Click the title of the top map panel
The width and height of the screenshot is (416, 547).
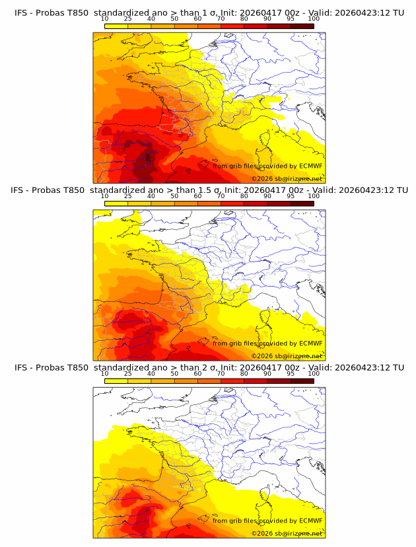[209, 12]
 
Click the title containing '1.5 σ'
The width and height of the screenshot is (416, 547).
[209, 190]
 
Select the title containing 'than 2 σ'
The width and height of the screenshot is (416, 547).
[209, 367]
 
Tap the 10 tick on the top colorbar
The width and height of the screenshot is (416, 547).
[105, 18]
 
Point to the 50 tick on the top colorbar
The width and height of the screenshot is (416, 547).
[174, 18]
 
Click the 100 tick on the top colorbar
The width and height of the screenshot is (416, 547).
[314, 18]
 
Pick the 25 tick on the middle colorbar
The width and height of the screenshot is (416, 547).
[128, 196]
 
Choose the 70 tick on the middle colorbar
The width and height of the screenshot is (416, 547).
[221, 196]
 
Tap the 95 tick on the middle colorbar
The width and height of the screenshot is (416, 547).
[291, 196]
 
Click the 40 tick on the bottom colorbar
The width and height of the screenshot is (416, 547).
[151, 374]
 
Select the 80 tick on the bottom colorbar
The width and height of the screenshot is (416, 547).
[244, 374]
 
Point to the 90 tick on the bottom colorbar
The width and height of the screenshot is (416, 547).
[267, 374]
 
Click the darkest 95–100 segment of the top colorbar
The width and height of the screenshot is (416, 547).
[302, 26]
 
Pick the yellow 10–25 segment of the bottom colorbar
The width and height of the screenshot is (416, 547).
[116, 381]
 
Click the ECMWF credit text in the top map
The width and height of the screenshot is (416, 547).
[267, 166]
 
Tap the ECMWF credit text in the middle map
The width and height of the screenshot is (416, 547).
[267, 344]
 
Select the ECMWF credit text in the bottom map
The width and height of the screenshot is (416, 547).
[267, 521]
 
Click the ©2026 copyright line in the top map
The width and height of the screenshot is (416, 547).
[287, 178]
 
